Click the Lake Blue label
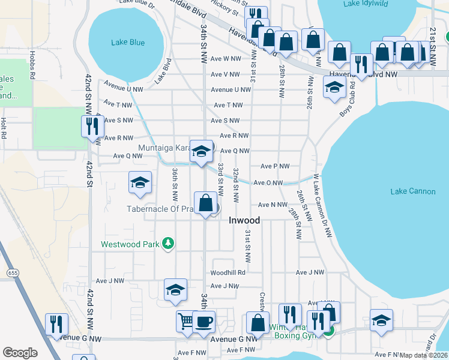pyautogui.click(x=128, y=42)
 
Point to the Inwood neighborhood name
pyautogui.click(x=244, y=220)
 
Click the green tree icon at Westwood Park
pyautogui.click(x=170, y=244)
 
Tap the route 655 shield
pyautogui.click(x=13, y=273)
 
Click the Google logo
pyautogui.click(x=20, y=353)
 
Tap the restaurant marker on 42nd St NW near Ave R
pyautogui.click(x=92, y=127)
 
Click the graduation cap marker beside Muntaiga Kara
pyautogui.click(x=201, y=151)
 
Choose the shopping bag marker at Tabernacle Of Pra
pyautogui.click(x=206, y=203)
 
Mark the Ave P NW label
pyautogui.click(x=275, y=166)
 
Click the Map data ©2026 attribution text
pyautogui.click(x=424, y=355)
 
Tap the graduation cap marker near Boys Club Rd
pyautogui.click(x=334, y=88)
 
